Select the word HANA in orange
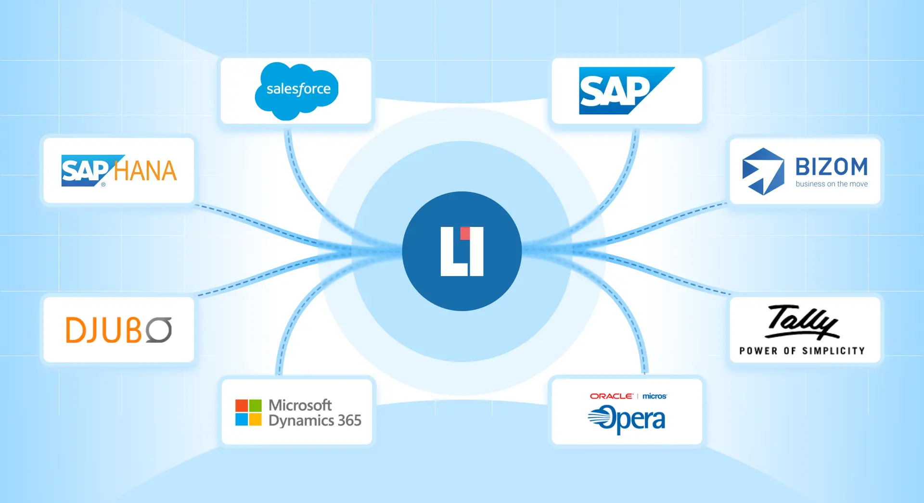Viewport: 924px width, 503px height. tap(145, 171)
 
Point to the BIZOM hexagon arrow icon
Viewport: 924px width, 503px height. tap(763, 171)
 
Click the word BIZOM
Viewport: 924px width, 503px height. tap(832, 167)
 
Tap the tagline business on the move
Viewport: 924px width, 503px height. tap(832, 184)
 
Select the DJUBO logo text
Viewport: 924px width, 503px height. tap(118, 330)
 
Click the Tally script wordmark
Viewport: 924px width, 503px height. tap(802, 321)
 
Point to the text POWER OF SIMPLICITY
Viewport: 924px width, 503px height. tap(802, 351)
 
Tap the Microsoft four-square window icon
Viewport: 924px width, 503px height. tap(248, 413)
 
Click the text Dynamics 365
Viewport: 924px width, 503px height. tap(315, 421)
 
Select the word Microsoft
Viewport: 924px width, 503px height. tap(300, 405)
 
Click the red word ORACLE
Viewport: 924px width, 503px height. tap(611, 396)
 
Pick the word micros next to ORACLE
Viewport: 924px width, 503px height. tap(654, 396)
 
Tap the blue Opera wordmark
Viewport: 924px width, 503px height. tap(627, 419)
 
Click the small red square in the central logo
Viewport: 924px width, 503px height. tap(465, 233)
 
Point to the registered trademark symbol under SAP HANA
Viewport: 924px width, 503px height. tap(103, 184)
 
